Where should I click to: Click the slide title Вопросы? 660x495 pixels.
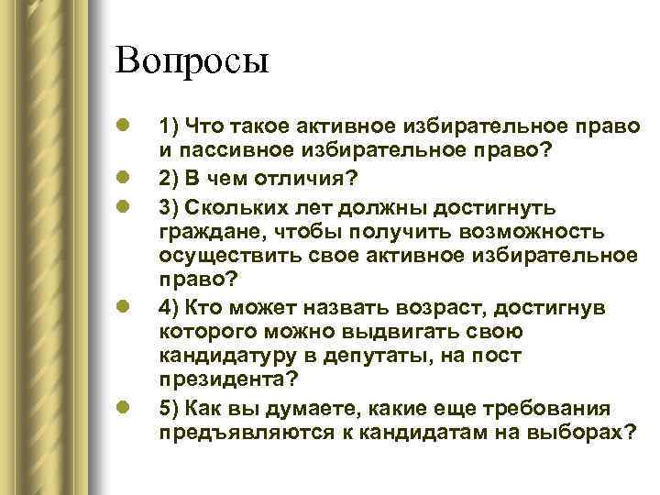pos(192,62)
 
